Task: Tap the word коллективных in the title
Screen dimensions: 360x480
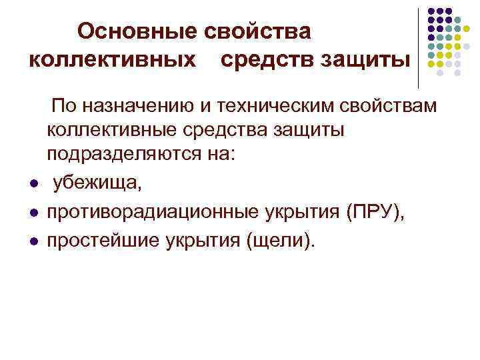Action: click(x=113, y=59)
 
